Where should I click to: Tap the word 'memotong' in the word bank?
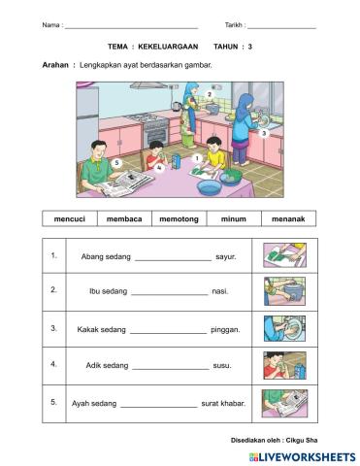(x=179, y=219)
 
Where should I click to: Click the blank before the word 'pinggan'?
(x=167, y=330)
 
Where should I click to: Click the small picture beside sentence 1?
(x=281, y=255)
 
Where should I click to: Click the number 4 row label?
(x=54, y=365)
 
